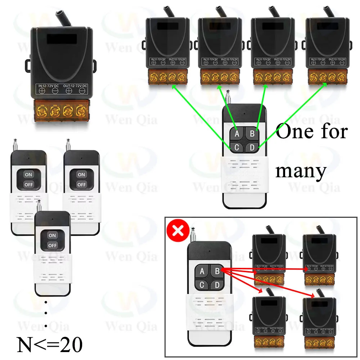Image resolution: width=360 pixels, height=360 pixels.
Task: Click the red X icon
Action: pyautogui.click(x=178, y=230)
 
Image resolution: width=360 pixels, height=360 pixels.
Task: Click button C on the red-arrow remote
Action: pyautogui.click(x=202, y=285)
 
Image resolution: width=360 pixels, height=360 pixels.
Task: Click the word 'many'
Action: pyautogui.click(x=301, y=171)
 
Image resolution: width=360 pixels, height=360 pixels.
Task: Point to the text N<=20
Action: pyautogui.click(x=50, y=345)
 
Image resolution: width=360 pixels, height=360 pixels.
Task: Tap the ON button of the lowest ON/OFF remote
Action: pyautogui.click(x=53, y=235)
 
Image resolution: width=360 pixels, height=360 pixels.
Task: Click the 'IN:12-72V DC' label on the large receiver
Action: pyautogui.click(x=50, y=86)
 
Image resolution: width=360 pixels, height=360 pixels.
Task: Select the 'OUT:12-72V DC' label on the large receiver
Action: pyautogui.click(x=75, y=86)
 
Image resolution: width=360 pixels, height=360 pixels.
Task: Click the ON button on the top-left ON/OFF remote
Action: pyautogui.click(x=28, y=175)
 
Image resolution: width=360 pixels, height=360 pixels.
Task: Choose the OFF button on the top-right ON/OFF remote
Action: pyautogui.click(x=81, y=184)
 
